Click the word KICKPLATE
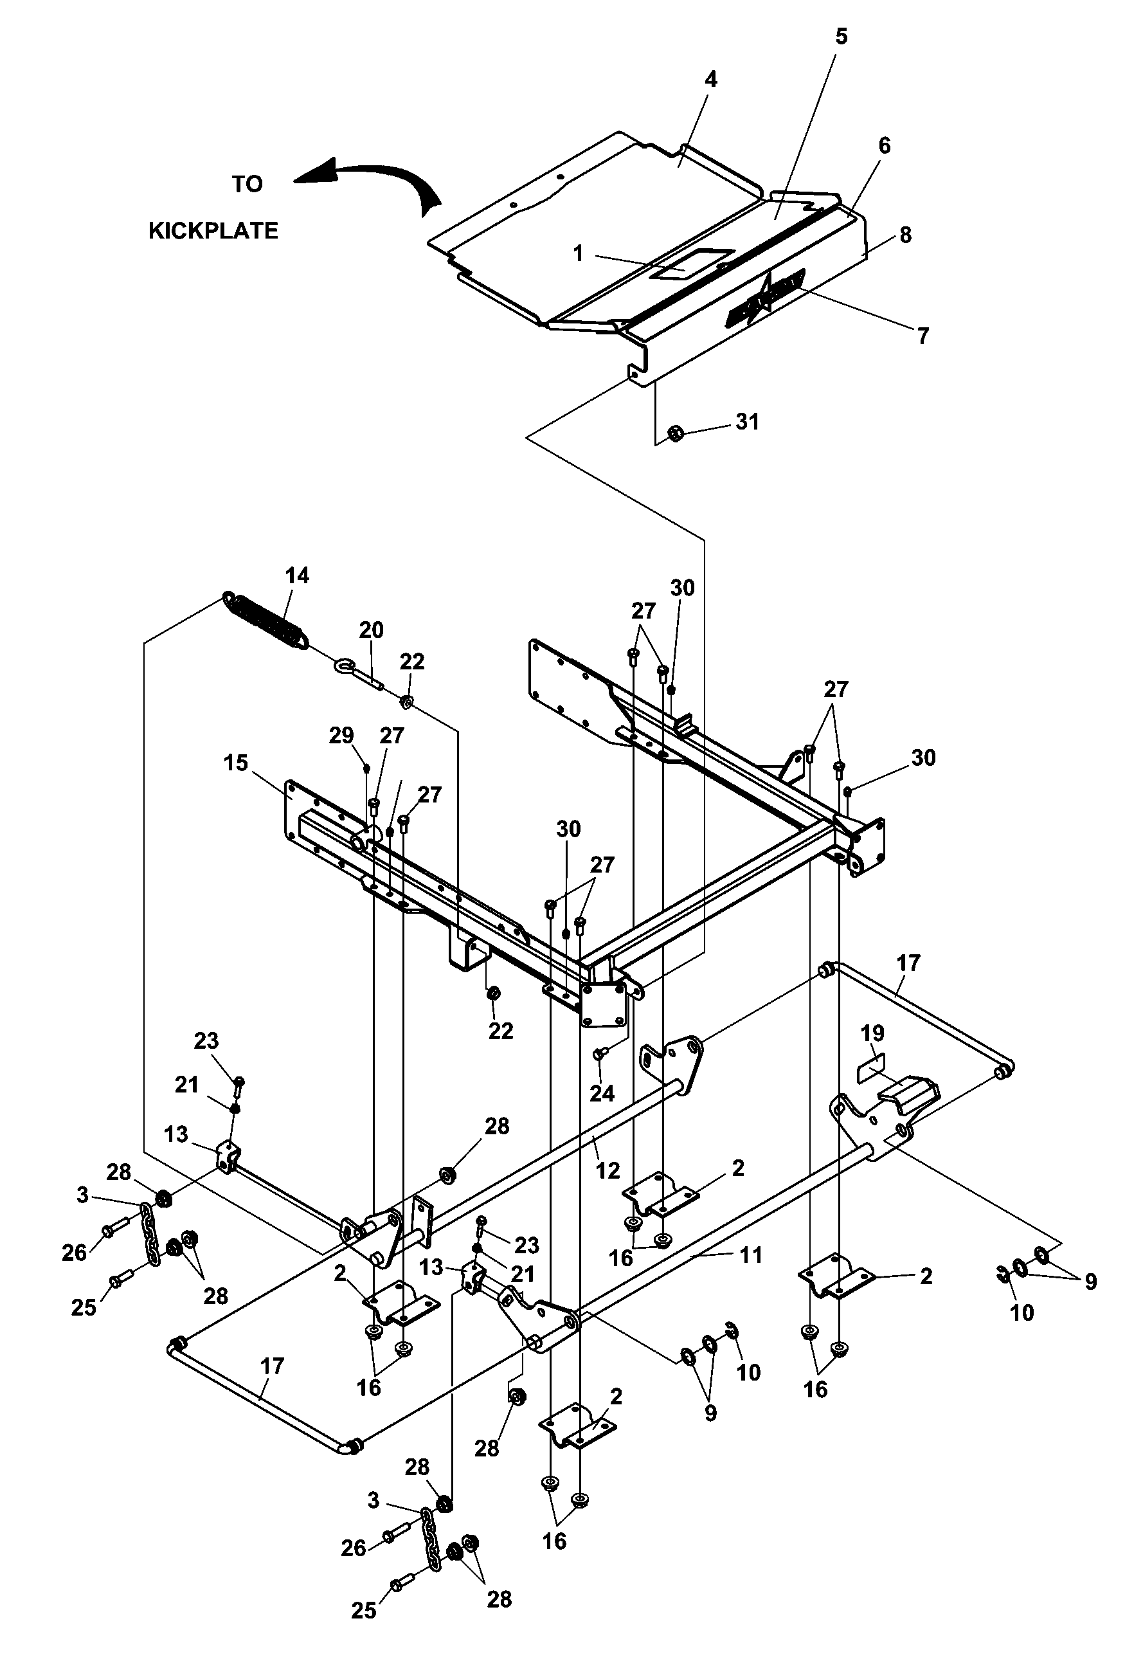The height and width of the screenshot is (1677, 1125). pyautogui.click(x=213, y=231)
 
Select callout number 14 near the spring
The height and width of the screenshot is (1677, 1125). pyautogui.click(x=297, y=576)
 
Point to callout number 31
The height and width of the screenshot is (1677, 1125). pyautogui.click(x=748, y=421)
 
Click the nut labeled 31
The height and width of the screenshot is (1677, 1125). pyautogui.click(x=674, y=433)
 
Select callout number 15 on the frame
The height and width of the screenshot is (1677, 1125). pyautogui.click(x=235, y=763)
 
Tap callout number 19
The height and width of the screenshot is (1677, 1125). pyautogui.click(x=872, y=1033)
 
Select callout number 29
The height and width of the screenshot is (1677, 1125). pyautogui.click(x=341, y=736)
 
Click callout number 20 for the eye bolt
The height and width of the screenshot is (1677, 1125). pyautogui.click(x=371, y=630)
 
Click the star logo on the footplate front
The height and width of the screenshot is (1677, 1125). pyautogui.click(x=765, y=296)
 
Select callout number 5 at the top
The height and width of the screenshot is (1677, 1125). pyautogui.click(x=842, y=37)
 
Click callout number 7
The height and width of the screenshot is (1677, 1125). pyautogui.click(x=923, y=335)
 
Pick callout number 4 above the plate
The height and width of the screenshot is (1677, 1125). pyautogui.click(x=710, y=79)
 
